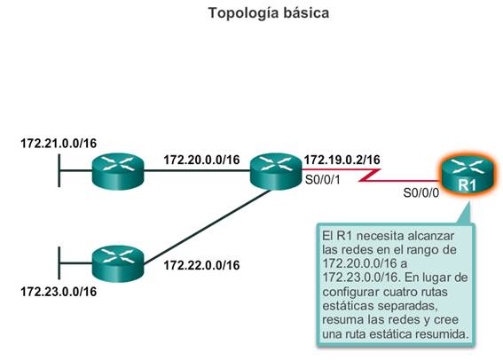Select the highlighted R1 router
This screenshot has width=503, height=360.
pyautogui.click(x=468, y=175)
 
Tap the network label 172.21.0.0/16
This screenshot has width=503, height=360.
pyautogui.click(x=59, y=144)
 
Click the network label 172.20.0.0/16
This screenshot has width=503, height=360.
pyautogui.click(x=201, y=160)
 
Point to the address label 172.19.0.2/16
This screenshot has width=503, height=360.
pyautogui.click(x=342, y=160)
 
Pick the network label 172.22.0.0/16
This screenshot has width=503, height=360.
pyautogui.click(x=201, y=265)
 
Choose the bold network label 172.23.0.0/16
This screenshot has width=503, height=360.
pyautogui.click(x=59, y=292)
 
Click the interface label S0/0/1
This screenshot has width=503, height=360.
pyautogui.click(x=322, y=180)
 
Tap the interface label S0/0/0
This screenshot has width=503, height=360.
pyautogui.click(x=420, y=193)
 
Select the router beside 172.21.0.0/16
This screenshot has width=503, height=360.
pyautogui.click(x=118, y=171)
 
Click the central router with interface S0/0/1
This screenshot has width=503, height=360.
pyautogui.click(x=276, y=171)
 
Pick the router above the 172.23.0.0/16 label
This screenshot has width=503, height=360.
pyautogui.click(x=118, y=263)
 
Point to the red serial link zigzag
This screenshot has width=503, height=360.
pyautogui.click(x=370, y=176)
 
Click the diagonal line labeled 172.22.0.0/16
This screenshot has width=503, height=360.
pyautogui.click(x=208, y=227)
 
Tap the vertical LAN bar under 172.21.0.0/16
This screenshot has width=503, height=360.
pyautogui.click(x=59, y=170)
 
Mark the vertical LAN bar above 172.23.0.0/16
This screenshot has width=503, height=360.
pyautogui.click(x=59, y=262)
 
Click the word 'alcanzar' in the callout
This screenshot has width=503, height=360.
pyautogui.click(x=431, y=236)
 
